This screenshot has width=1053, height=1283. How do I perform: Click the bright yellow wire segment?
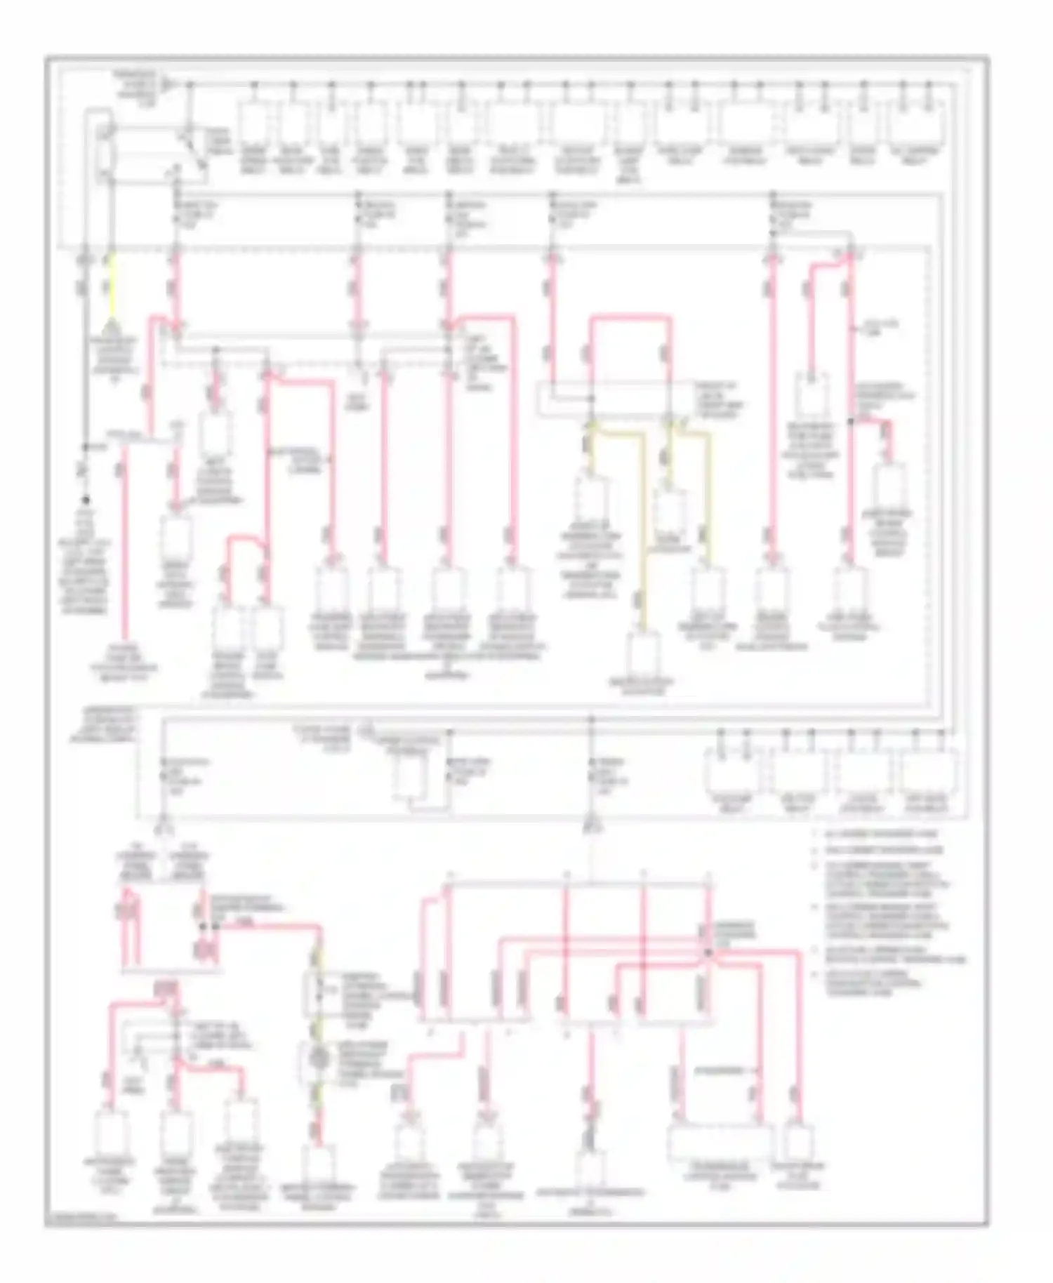pyautogui.click(x=110, y=288)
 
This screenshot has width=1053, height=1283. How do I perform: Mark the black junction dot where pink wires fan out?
pyautogui.click(x=708, y=952)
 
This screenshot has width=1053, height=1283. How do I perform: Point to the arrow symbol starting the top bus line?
pyautogui.click(x=167, y=85)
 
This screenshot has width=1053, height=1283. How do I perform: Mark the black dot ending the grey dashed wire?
pyautogui.click(x=86, y=500)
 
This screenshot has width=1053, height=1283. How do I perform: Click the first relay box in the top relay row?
pyautogui.click(x=254, y=125)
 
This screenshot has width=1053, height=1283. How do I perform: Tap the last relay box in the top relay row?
pyautogui.click(x=915, y=125)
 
